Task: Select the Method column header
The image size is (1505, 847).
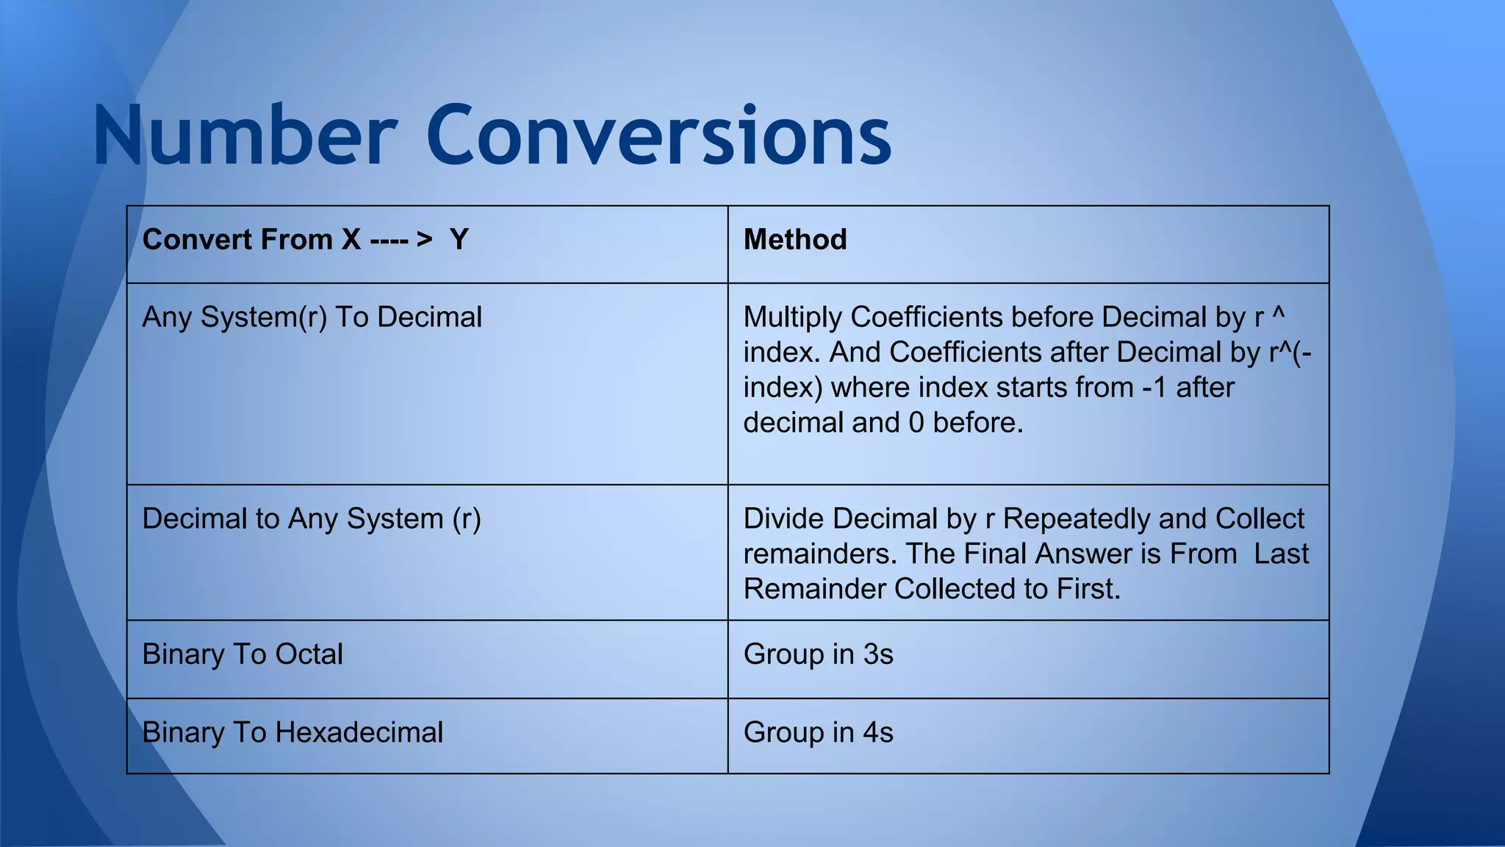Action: click(x=795, y=240)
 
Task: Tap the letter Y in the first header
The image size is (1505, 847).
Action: click(x=459, y=240)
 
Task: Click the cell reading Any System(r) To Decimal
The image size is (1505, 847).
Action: click(x=312, y=318)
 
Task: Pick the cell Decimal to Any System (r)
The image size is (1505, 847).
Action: click(x=312, y=519)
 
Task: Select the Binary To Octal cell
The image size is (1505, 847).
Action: click(x=243, y=654)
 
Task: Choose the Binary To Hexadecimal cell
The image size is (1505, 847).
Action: click(x=292, y=732)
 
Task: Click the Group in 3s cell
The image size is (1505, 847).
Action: click(x=818, y=654)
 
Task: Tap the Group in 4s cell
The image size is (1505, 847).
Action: click(x=818, y=732)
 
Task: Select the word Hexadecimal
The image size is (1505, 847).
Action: click(x=359, y=732)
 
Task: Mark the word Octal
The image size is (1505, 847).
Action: click(x=309, y=654)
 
